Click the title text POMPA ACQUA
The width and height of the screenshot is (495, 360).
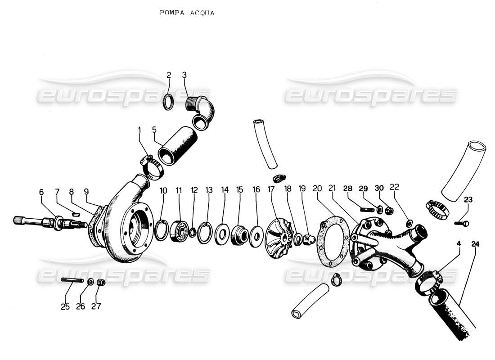pyautogui.click(x=187, y=13)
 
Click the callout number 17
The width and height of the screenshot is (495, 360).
pyautogui.click(x=271, y=190)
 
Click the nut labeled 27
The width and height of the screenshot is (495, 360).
pyautogui.click(x=101, y=283)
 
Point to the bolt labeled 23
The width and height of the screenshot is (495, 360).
pyautogui.click(x=463, y=223)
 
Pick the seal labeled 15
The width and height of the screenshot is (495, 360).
pyautogui.click(x=239, y=235)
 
